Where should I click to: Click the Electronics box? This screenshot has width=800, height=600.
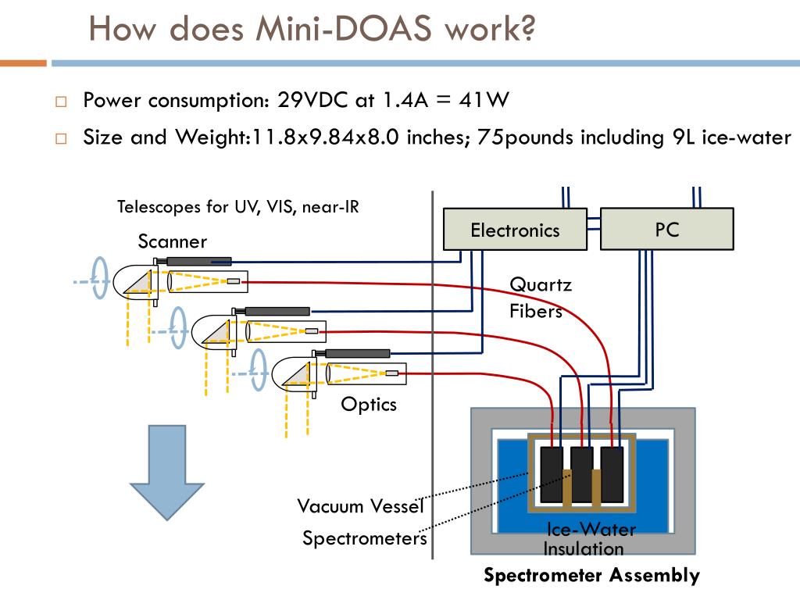coord(515,229)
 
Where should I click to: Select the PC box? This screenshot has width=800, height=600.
coord(667,229)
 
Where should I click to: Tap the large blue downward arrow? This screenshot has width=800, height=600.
coord(167,473)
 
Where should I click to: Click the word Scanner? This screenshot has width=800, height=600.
coord(173,241)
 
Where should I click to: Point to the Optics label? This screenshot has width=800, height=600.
coord(369,405)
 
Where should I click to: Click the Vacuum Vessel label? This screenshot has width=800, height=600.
coord(360,506)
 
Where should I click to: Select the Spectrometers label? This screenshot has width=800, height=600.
coord(364,538)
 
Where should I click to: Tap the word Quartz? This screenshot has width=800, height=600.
coord(541,284)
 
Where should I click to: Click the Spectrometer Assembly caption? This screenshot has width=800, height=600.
coord(591,575)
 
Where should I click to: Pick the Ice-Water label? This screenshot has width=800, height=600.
coord(591,530)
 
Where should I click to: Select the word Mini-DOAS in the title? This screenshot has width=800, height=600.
coord(344,29)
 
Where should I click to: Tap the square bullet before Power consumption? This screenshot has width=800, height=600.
coord(61,102)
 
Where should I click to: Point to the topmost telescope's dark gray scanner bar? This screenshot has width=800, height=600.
coord(198,262)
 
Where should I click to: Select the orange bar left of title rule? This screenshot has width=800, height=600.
coord(23,63)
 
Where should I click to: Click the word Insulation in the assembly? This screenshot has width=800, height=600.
coord(583,549)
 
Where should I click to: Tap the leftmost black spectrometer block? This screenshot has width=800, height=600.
coord(552,474)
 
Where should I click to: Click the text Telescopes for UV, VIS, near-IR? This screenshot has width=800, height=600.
coord(238,206)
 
